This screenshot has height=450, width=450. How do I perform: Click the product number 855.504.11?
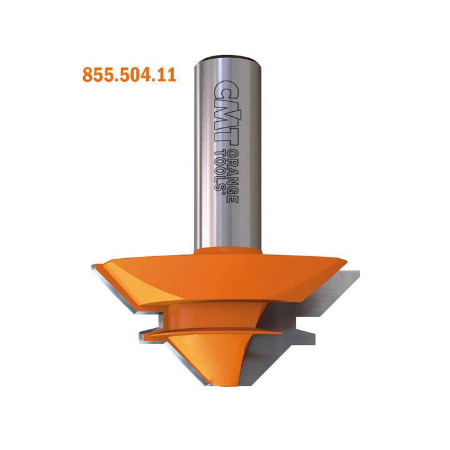tap(129, 76)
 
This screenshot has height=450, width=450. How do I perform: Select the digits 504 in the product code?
tap(132, 76)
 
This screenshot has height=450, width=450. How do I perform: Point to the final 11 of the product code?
tap(166, 76)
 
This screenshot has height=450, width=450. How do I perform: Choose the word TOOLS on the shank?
tap(219, 169)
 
